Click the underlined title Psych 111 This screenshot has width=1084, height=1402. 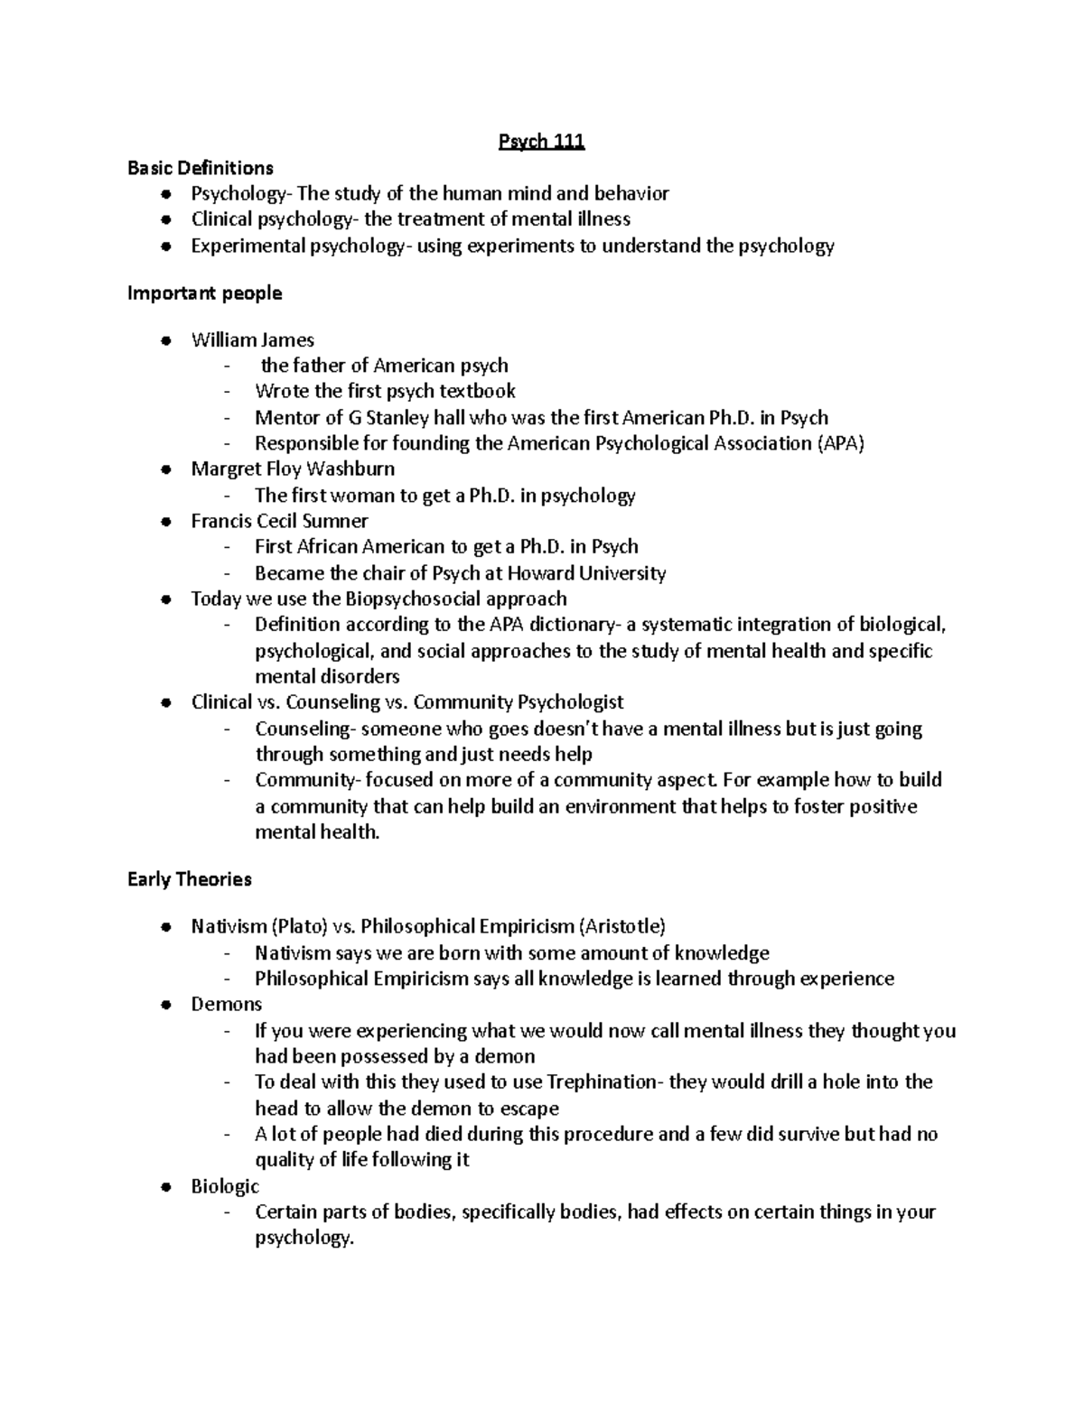[542, 142]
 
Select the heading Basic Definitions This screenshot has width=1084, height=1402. [201, 168]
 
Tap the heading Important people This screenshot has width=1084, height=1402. [205, 293]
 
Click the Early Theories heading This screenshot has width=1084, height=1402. [190, 879]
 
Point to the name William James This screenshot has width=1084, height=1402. [252, 340]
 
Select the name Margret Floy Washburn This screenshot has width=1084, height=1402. [293, 469]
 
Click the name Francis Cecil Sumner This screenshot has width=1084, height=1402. [279, 521]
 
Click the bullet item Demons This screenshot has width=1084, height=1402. [226, 1005]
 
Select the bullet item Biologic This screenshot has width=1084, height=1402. [225, 1186]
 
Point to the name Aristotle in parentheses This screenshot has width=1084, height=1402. [623, 926]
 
